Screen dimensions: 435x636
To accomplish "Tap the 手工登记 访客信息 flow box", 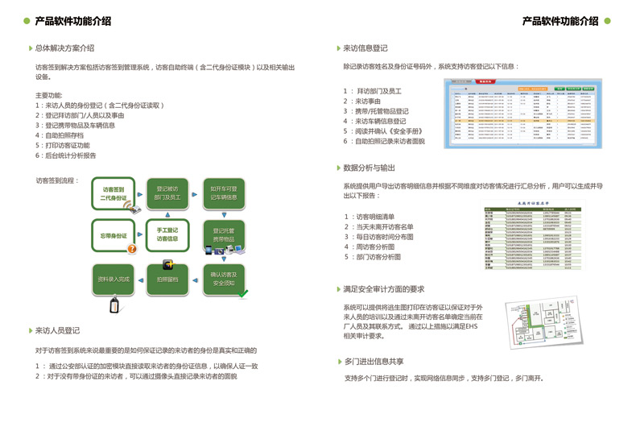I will point(167,234).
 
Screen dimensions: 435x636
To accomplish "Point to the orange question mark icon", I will point(133,249).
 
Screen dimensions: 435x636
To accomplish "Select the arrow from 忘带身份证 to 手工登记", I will point(141,235).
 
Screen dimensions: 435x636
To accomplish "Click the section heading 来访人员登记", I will point(57,330).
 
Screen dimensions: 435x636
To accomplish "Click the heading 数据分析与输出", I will point(370,168).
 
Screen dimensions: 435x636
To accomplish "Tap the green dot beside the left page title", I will point(27,21).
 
